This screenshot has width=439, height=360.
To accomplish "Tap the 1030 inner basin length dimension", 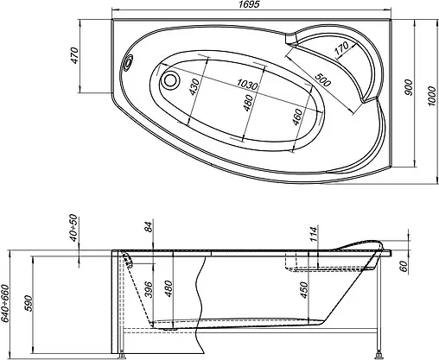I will (249, 84).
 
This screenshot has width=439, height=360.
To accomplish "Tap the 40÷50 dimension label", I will (73, 229).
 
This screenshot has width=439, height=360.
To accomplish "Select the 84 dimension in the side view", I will (149, 229).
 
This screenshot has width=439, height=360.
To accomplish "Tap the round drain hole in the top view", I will (172, 82).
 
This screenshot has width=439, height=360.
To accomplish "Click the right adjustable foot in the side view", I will (377, 351).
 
